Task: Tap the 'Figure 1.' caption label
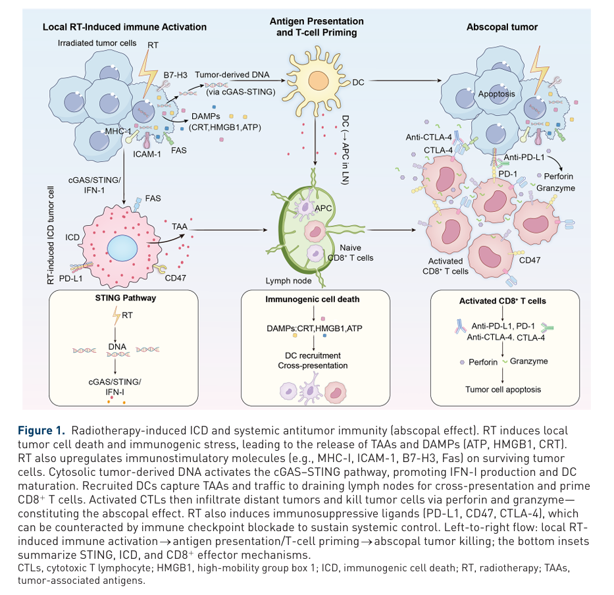(x=41, y=431)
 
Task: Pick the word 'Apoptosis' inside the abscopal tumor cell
(x=498, y=94)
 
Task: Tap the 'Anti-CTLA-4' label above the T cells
(x=428, y=137)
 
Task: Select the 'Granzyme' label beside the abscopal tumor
(x=555, y=188)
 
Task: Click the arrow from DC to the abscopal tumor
(x=401, y=82)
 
